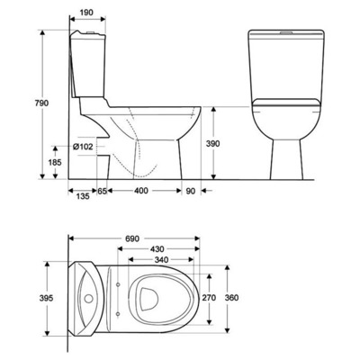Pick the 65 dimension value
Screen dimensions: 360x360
click(x=103, y=192)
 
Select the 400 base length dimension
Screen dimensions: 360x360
click(x=141, y=192)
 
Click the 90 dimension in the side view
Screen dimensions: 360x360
click(x=191, y=192)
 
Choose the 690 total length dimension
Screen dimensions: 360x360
click(x=131, y=240)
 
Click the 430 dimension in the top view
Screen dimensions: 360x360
click(x=157, y=249)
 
